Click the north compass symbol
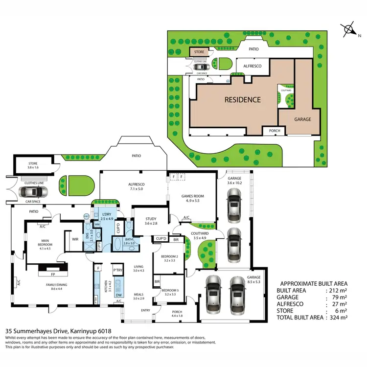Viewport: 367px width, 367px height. coord(350,30)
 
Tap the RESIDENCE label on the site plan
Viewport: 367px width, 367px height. coord(242,99)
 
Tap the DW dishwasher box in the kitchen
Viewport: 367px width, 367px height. coord(118,295)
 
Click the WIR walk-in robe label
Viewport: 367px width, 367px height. coord(75,239)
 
